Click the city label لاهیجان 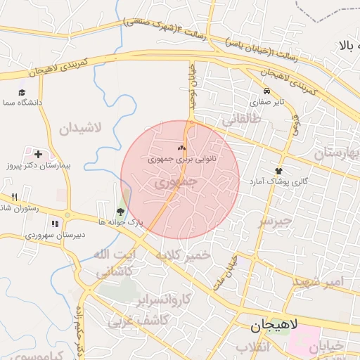[275, 326]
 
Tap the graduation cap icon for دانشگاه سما [22, 92]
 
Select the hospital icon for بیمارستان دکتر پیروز [37, 154]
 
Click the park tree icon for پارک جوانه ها [120, 211]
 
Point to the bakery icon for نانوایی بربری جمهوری [181, 148]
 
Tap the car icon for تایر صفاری [266, 91]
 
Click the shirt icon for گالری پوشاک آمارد [279, 171]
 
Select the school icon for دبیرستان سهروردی [55, 224]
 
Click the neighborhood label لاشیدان [81, 129]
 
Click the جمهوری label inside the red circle [176, 182]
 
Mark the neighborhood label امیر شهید [320, 281]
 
